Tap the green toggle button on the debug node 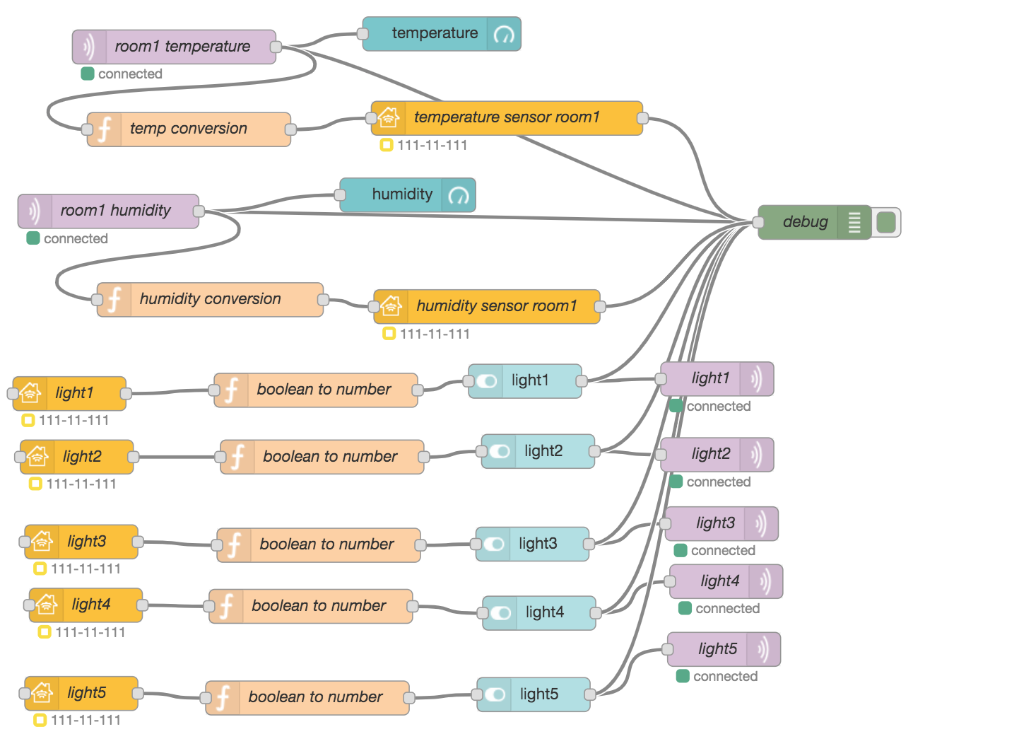click(x=886, y=222)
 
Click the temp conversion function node click(x=189, y=129)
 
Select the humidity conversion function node click(x=210, y=300)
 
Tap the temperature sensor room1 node click(x=507, y=118)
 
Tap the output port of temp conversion click(x=290, y=129)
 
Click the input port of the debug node click(x=758, y=222)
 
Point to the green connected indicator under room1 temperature click(x=88, y=74)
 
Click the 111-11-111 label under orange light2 click(x=81, y=484)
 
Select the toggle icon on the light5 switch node click(x=495, y=694)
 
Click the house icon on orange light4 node click(x=47, y=605)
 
